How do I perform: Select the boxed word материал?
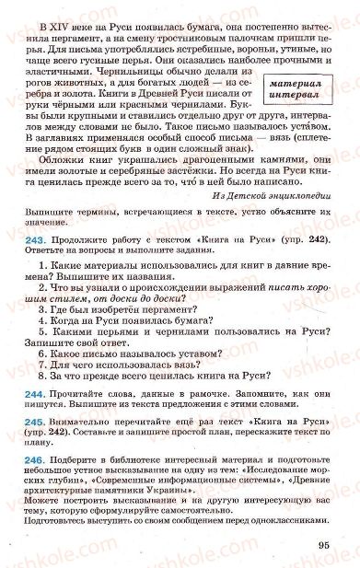pyautogui.click(x=293, y=82)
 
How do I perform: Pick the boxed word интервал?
pyautogui.click(x=293, y=95)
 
